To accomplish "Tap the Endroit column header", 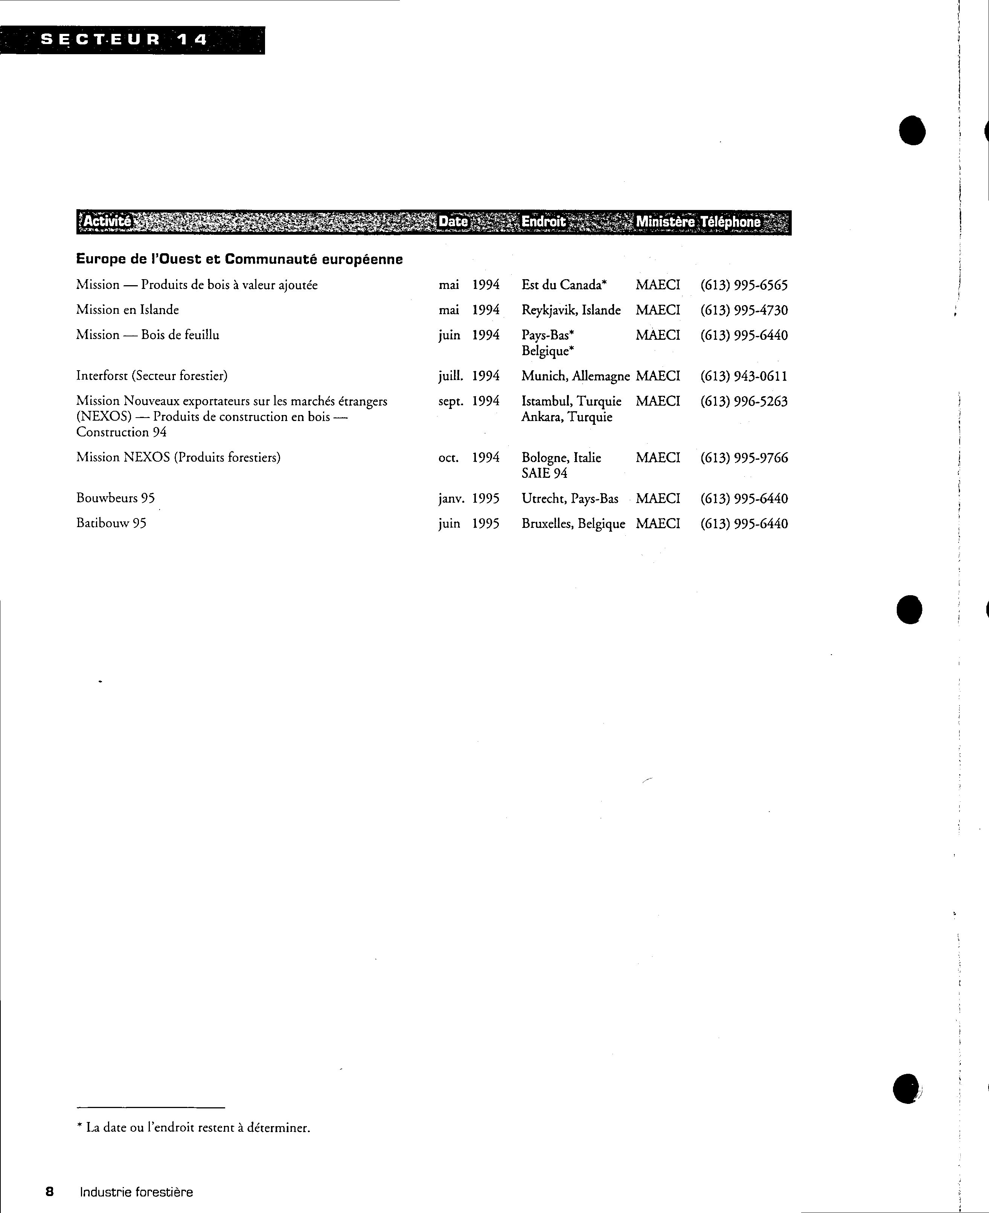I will click(x=544, y=222).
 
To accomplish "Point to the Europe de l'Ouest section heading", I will click(x=239, y=260).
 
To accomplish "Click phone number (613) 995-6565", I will click(x=744, y=285).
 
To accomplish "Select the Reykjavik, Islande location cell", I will click(x=571, y=310).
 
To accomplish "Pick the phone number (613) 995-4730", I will click(x=744, y=310).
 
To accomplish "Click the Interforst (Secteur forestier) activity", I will click(x=152, y=376).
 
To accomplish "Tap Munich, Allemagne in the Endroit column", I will click(x=575, y=376).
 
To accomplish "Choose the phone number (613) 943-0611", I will click(x=744, y=376).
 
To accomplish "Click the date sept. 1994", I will click(x=468, y=401).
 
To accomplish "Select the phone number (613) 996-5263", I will click(x=744, y=401).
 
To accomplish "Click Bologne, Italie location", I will click(x=561, y=458).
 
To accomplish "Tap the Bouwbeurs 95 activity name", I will click(x=115, y=498).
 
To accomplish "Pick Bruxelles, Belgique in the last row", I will click(x=573, y=524).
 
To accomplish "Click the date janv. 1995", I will click(x=468, y=499).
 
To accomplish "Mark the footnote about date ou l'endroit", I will click(x=194, y=1128).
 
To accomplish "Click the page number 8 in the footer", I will click(x=50, y=1192).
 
